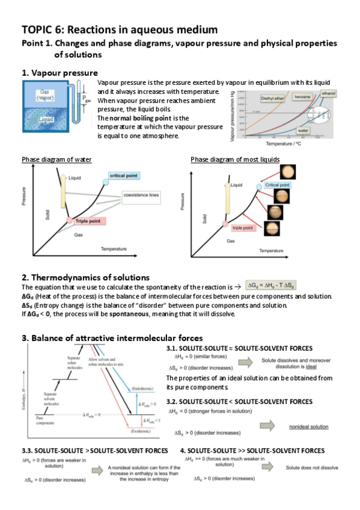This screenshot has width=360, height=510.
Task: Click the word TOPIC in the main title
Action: click(37, 29)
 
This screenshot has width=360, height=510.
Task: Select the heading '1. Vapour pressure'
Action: click(59, 73)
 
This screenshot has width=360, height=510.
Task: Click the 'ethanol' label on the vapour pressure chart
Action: click(329, 93)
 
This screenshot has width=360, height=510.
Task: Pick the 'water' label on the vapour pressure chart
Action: click(304, 129)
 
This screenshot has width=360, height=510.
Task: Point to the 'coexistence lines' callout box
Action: click(141, 196)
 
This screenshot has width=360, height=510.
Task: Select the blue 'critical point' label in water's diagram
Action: click(124, 175)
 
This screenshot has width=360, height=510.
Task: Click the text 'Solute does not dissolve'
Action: click(312, 466)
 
